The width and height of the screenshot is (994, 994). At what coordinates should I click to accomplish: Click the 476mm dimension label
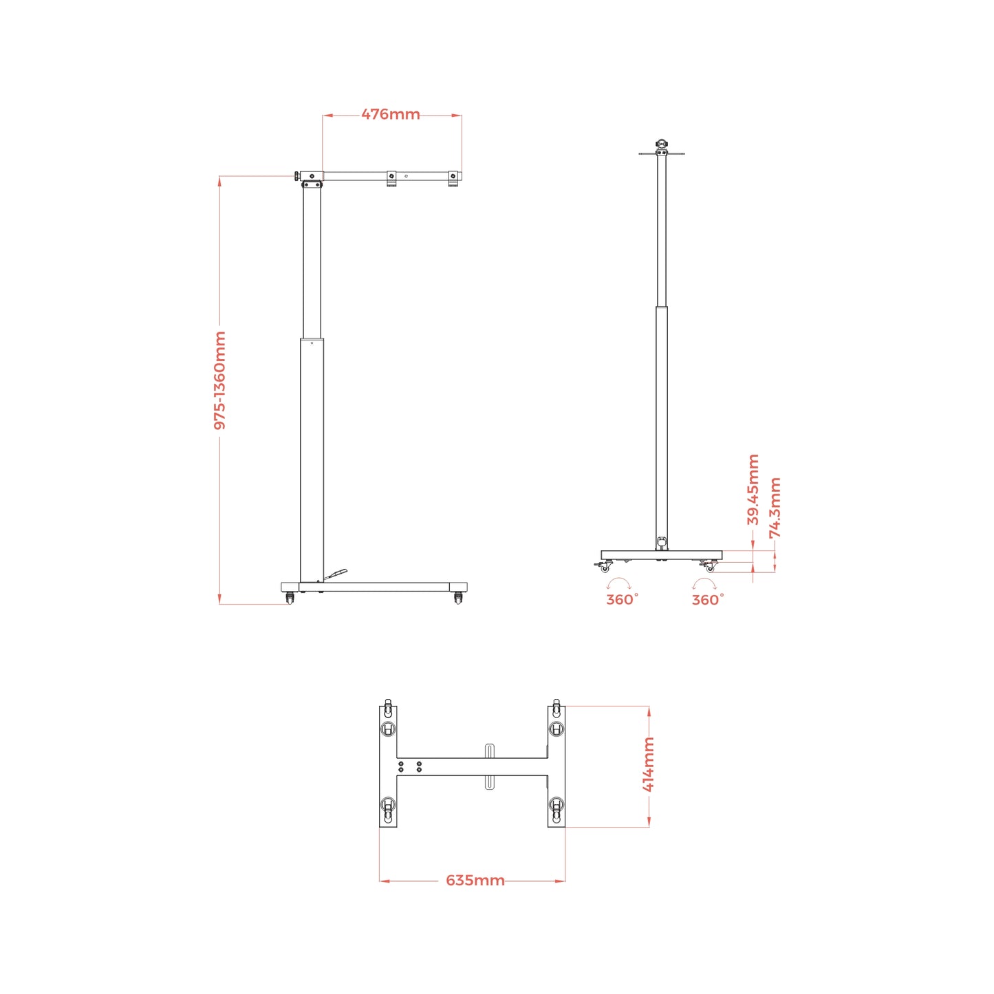tap(391, 114)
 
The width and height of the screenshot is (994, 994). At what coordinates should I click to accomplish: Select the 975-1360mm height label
tap(219, 380)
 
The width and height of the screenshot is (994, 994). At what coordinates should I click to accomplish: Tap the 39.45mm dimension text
tap(753, 489)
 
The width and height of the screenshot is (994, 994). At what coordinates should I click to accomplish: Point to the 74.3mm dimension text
tap(775, 508)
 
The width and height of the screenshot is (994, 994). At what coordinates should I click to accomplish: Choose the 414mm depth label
tap(649, 764)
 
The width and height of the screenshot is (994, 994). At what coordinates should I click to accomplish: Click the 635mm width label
tap(475, 880)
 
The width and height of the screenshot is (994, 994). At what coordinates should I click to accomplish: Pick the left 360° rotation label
tap(622, 600)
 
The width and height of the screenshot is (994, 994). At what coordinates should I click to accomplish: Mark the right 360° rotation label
tap(708, 600)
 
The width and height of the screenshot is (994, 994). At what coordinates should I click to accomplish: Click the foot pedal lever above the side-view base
tap(336, 574)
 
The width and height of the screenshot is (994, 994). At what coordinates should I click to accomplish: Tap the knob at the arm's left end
tap(296, 177)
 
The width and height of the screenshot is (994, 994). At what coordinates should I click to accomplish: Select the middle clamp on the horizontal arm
tap(391, 177)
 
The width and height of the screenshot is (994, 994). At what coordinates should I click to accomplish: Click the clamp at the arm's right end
tap(453, 178)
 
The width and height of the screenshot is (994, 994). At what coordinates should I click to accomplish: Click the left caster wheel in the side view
tap(290, 598)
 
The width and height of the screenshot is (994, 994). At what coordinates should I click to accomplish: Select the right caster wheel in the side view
tap(458, 598)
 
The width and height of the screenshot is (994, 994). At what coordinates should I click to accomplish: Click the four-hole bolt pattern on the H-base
tap(410, 766)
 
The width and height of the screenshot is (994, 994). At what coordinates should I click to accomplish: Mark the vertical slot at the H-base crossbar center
tap(489, 766)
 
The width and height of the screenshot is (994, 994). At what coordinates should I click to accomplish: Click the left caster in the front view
tap(605, 568)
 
